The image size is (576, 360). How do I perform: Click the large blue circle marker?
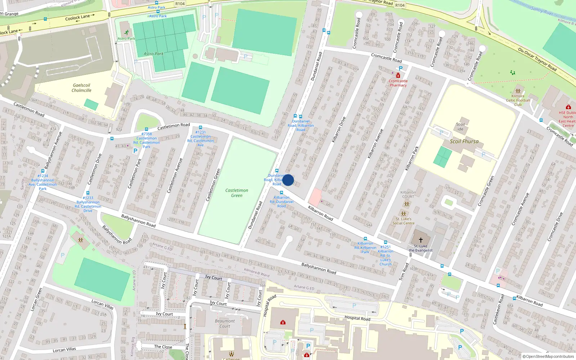[288, 180]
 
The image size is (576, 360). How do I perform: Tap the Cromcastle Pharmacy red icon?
[398, 76]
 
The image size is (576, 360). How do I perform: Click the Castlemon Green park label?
[237, 193]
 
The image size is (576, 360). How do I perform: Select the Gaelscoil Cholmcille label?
[82, 88]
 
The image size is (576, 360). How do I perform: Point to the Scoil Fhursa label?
[464, 141]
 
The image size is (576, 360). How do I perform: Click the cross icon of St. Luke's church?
[420, 240]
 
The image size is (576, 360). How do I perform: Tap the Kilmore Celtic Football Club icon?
[518, 91]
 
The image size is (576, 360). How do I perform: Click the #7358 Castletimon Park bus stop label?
[147, 140]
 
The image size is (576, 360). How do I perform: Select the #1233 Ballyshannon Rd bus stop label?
[88, 204]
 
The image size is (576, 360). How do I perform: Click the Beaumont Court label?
[225, 323]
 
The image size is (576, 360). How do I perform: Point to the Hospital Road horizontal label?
[357, 318]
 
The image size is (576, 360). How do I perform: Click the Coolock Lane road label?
[77, 17]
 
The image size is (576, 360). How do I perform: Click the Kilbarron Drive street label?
[339, 130]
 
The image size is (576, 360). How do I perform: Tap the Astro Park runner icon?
[126, 32]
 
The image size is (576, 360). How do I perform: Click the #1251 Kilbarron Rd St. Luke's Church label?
[386, 256]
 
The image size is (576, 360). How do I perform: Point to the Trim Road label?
[404, 272]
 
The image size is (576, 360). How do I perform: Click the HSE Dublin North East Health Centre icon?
[568, 107]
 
